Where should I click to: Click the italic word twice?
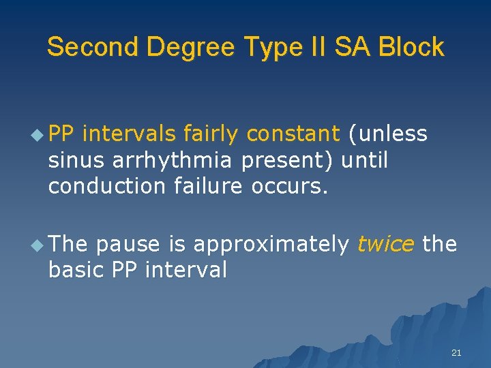click(386, 245)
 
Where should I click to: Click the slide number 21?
click(456, 352)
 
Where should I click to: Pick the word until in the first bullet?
click(364, 161)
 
